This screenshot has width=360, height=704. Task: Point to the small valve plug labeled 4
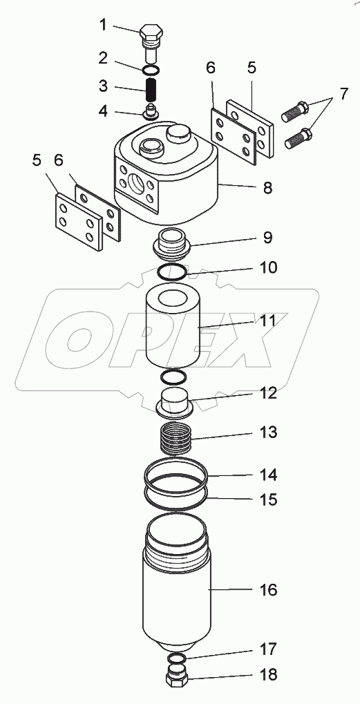pyautogui.click(x=151, y=112)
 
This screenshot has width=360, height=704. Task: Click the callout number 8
pyautogui.click(x=267, y=188)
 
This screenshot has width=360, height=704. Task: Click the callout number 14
pyautogui.click(x=268, y=475)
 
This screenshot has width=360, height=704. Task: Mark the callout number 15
pyautogui.click(x=268, y=500)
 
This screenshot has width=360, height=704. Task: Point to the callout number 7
pyautogui.click(x=343, y=94)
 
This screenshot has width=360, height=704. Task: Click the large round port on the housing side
pyautogui.click(x=137, y=184)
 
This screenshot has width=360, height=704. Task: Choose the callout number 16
pyautogui.click(x=268, y=590)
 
